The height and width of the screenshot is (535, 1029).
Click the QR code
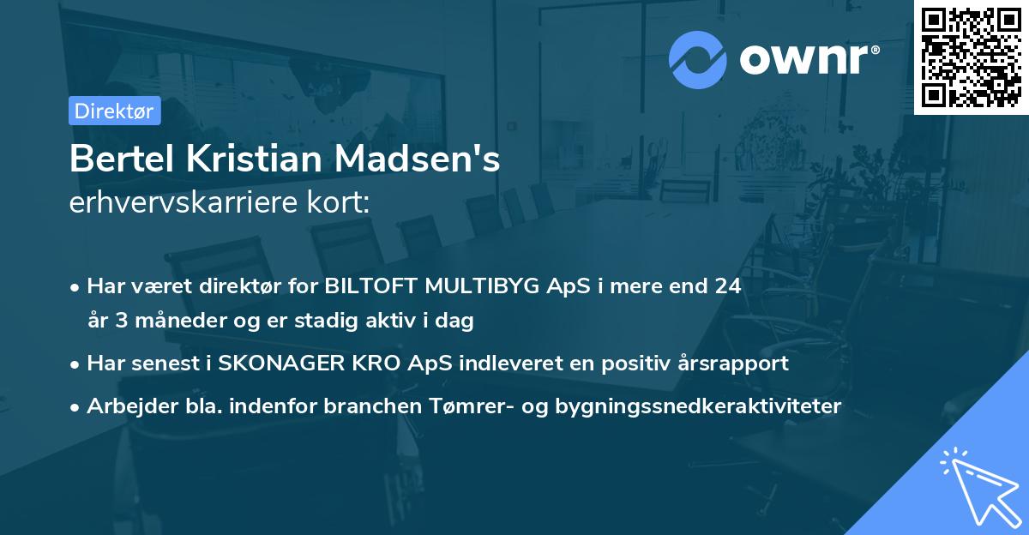point(971,57)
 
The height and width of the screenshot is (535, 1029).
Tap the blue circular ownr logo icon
point(697,59)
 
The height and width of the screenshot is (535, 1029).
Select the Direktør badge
point(114,111)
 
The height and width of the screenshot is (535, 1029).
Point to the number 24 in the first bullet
point(726,286)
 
